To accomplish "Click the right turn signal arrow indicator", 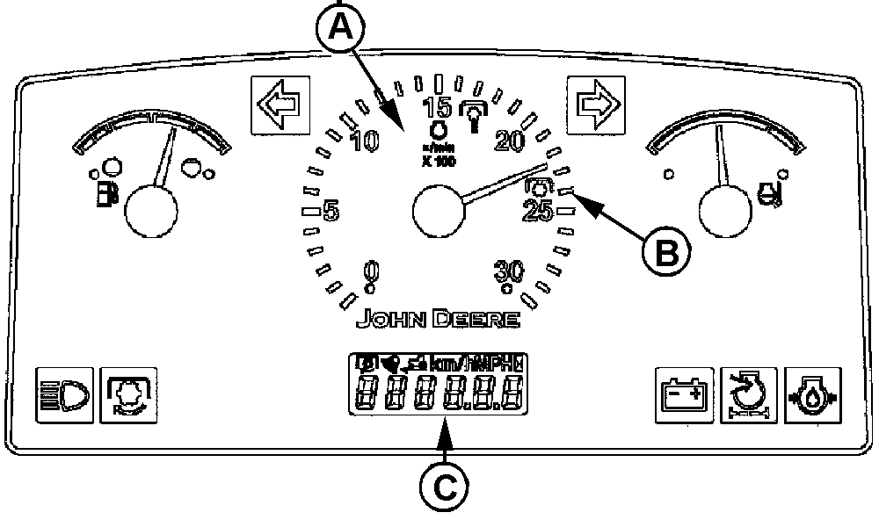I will click(x=590, y=102).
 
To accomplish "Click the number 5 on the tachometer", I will click(x=331, y=212).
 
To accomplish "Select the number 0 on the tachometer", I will click(x=371, y=270).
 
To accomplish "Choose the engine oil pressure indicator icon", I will click(x=811, y=396).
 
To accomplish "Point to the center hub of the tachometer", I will click(x=438, y=213).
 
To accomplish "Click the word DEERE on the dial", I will click(x=480, y=319).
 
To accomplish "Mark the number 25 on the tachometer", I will click(x=537, y=212).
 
